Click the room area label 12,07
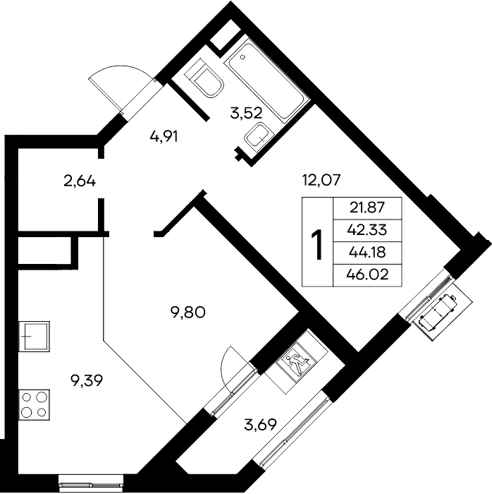321,181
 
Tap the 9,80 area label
187,313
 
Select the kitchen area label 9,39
87,381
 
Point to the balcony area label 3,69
261,425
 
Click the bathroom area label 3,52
246,114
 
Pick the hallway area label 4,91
164,137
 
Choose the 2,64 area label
80,181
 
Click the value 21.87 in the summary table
367,208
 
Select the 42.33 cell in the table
367,230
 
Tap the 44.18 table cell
367,253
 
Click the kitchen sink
35,336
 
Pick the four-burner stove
35,404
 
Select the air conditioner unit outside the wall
438,312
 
